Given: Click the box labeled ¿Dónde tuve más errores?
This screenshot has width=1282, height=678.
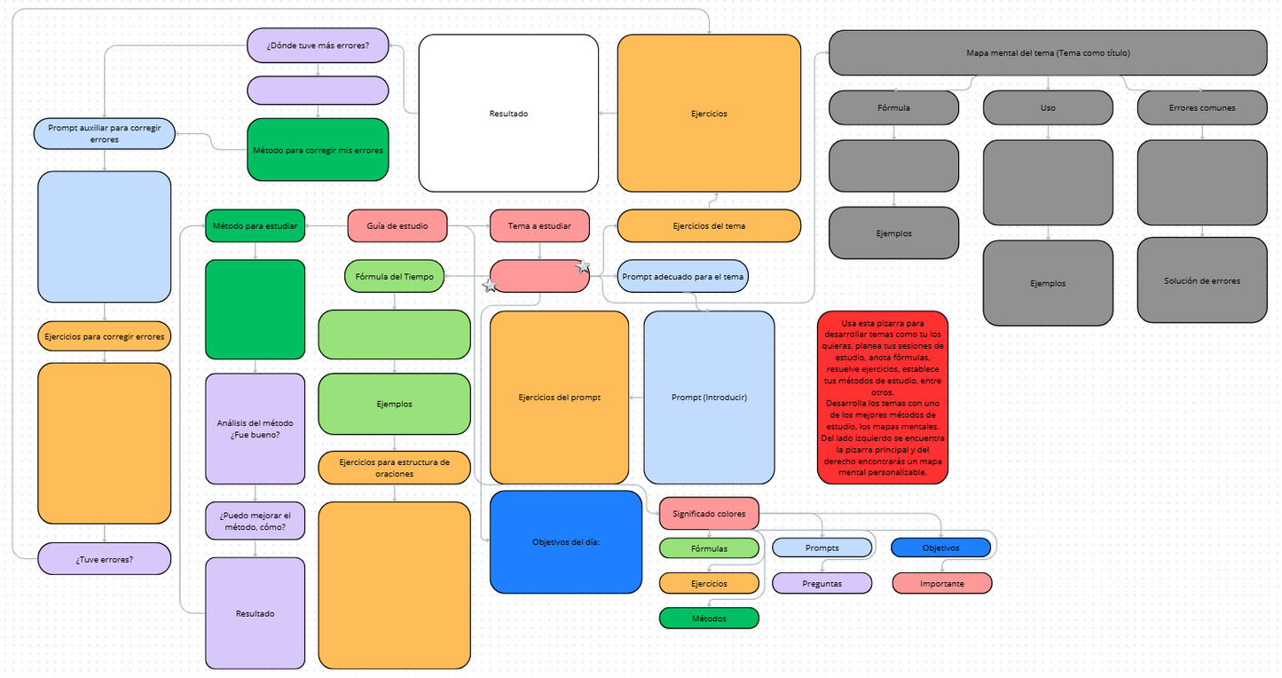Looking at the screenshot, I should pos(318,45).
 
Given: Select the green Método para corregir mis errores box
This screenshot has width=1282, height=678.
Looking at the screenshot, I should pos(318,150).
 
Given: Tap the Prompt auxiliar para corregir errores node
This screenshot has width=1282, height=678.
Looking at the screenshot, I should pos(105,133).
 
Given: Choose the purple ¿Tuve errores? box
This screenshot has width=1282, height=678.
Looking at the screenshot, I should pos(105,559).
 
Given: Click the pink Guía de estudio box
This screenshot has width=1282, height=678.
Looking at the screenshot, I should pos(397,226).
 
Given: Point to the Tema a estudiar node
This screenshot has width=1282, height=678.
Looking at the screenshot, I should pos(539,226).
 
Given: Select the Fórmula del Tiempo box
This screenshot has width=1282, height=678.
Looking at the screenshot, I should pos(394,276).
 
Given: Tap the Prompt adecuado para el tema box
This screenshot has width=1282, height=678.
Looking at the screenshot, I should pos(682,276).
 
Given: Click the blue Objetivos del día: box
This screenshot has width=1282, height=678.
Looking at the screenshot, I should pos(566,542).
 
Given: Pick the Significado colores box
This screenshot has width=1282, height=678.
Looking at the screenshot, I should pos(709,513).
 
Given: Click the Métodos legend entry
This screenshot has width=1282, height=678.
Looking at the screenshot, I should pos(709,619).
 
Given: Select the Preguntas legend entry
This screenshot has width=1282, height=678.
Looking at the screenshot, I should pos(822,583).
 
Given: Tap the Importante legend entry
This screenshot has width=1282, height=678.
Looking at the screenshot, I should pos(941,583).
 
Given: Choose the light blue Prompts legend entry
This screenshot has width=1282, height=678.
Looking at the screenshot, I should pos(822,548).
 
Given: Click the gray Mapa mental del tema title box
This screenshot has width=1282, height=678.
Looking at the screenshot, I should pos(1048,53).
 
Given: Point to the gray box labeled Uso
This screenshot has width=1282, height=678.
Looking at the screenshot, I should pos(1048,107).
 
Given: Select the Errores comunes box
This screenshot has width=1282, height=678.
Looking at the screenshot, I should pos(1202,107).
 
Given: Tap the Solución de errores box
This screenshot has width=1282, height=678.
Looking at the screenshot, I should pos(1202,280).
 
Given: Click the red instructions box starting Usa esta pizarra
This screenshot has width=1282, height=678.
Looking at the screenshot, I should pos(882,398).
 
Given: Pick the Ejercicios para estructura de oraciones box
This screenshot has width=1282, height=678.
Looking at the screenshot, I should pos(394,468).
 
